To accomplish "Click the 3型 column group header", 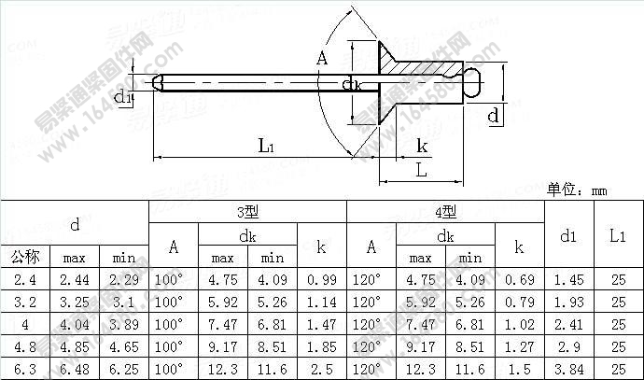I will pyautogui.click(x=246, y=211).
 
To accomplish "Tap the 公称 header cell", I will pyautogui.click(x=25, y=257).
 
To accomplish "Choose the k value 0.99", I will pyautogui.click(x=321, y=279).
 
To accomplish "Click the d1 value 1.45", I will pyautogui.click(x=568, y=279).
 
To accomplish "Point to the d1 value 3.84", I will pyautogui.click(x=568, y=370).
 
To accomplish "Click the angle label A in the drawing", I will pyautogui.click(x=323, y=59).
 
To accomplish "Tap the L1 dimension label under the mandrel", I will pyautogui.click(x=265, y=146).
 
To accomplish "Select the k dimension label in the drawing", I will pyautogui.click(x=422, y=146).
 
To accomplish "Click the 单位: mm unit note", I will pyautogui.click(x=577, y=190).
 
